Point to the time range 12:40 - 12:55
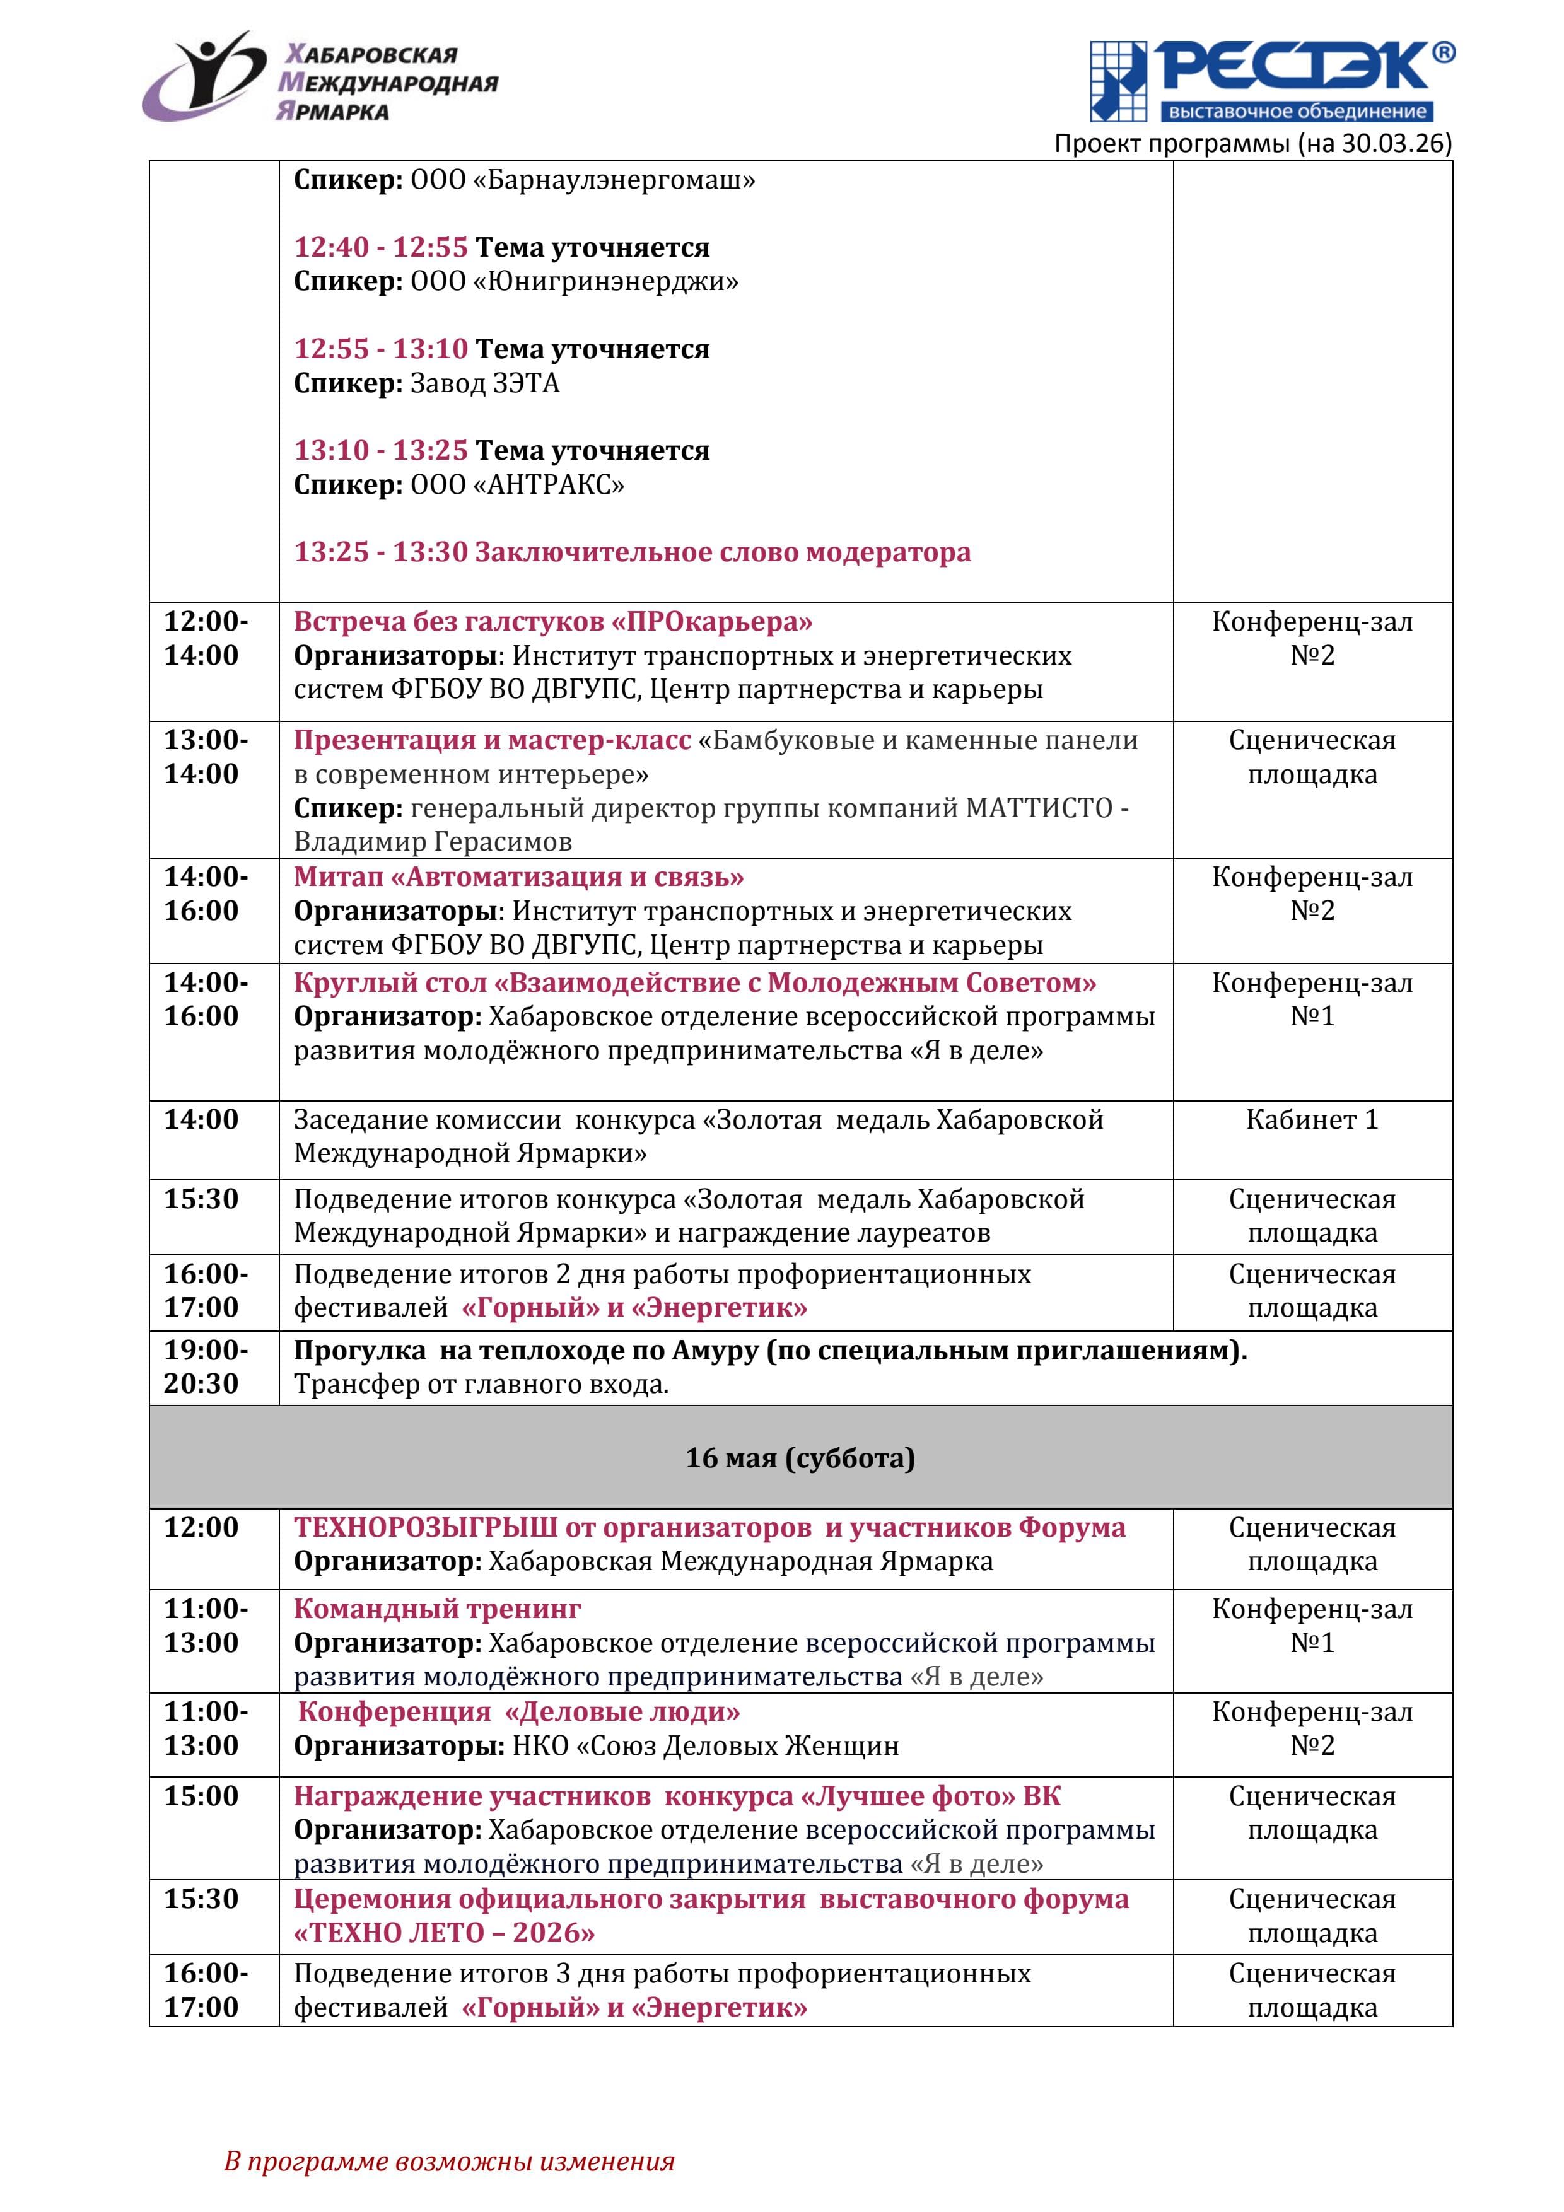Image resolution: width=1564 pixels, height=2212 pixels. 381,248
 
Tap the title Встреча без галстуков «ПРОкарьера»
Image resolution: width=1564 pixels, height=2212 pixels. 552,621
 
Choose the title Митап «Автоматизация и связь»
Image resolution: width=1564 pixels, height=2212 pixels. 518,876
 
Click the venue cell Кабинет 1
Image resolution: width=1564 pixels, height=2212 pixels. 1312,1119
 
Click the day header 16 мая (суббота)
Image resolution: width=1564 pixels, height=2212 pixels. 800,1458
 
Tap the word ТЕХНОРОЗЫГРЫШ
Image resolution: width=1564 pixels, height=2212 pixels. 426,1528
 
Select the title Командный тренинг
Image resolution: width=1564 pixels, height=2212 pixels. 438,1609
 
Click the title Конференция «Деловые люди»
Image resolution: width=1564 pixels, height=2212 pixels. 518,1712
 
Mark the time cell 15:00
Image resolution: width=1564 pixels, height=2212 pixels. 201,1796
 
